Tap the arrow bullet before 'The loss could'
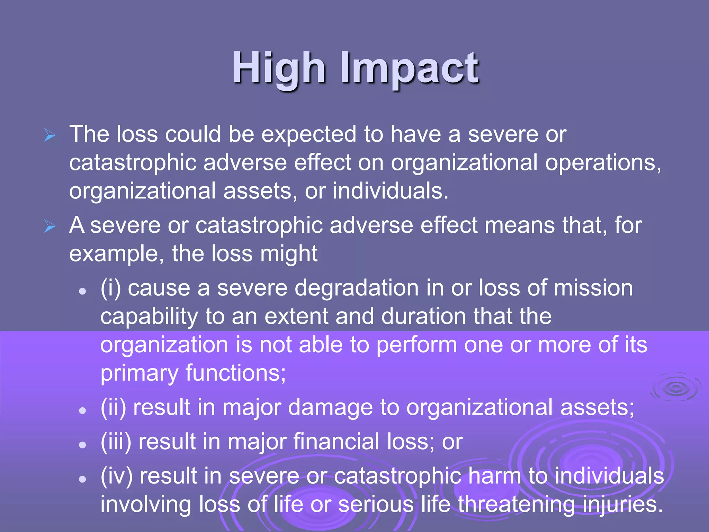click(50, 135)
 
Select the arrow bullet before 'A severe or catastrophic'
click(50, 227)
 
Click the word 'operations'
click(602, 163)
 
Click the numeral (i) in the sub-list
click(111, 289)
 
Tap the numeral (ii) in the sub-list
click(113, 407)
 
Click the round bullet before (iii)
click(82, 445)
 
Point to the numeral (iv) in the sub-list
click(116, 476)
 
